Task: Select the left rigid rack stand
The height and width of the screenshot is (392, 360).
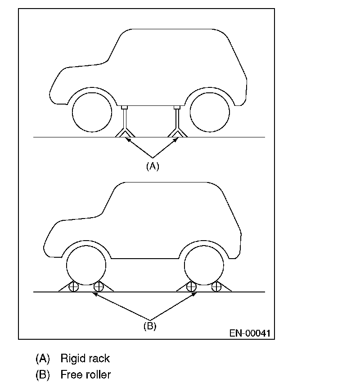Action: pyautogui.click(x=125, y=122)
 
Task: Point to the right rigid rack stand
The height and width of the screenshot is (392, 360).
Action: pyautogui.click(x=177, y=122)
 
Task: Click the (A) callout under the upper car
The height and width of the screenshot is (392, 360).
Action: pyautogui.click(x=153, y=166)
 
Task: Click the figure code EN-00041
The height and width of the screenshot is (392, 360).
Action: pyautogui.click(x=250, y=333)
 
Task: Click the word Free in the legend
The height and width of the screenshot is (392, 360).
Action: pyautogui.click(x=71, y=374)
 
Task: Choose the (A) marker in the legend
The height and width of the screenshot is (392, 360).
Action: pyautogui.click(x=43, y=359)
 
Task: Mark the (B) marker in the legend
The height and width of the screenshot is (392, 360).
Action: pyautogui.click(x=43, y=374)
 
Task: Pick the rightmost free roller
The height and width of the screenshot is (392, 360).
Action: pyautogui.click(x=217, y=287)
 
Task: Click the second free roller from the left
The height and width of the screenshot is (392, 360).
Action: pyautogui.click(x=99, y=287)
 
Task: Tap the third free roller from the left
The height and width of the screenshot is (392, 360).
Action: pyautogui.click(x=192, y=287)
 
